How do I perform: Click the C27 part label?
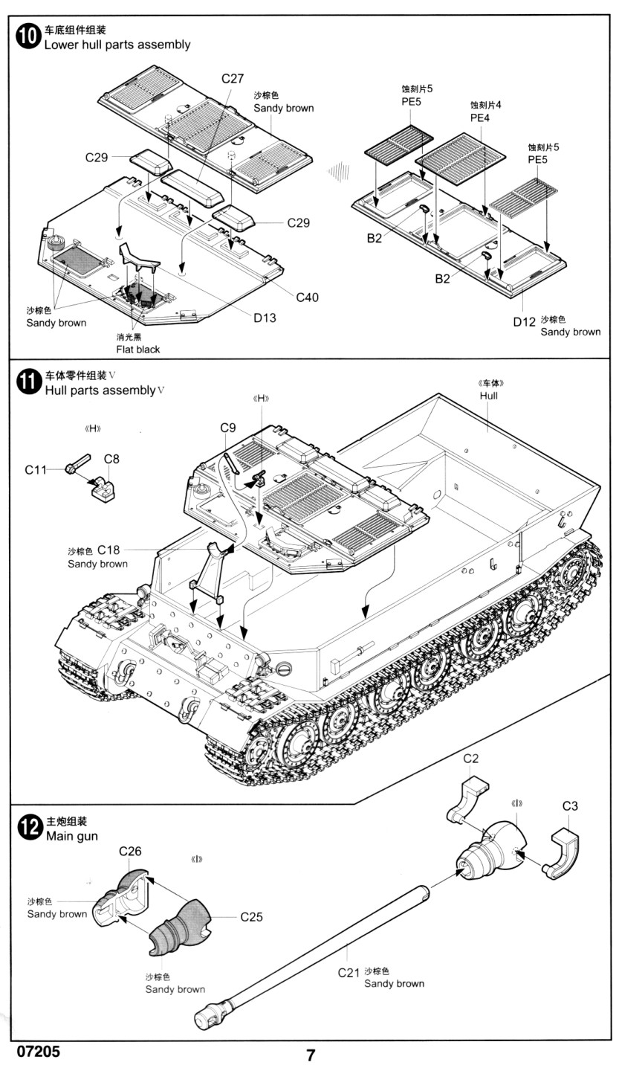(x=233, y=79)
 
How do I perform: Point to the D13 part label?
(x=265, y=318)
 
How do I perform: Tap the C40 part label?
(x=307, y=297)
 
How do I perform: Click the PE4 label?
(x=480, y=118)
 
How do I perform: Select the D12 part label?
(x=524, y=321)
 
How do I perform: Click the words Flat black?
(x=137, y=349)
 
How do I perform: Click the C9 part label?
(x=228, y=428)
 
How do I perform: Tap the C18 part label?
(x=108, y=550)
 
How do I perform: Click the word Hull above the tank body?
(x=488, y=396)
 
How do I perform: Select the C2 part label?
(x=470, y=759)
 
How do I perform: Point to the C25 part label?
(x=252, y=917)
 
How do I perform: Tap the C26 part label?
(x=130, y=852)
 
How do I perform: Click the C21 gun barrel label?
(x=349, y=972)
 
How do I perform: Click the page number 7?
(x=311, y=1055)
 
